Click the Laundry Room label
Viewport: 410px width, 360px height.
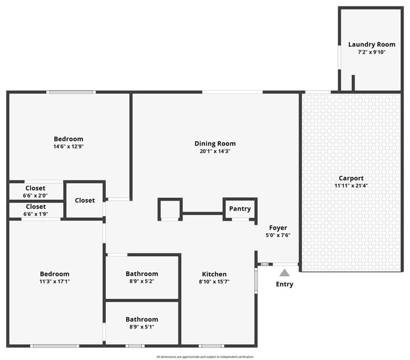tap(372, 44)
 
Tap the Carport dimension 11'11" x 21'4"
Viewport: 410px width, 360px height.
tap(351, 186)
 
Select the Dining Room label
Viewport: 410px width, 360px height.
tap(214, 144)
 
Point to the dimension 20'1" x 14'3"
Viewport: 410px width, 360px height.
tap(214, 151)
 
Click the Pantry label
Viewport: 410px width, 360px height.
tap(240, 209)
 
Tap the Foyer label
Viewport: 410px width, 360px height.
tap(278, 228)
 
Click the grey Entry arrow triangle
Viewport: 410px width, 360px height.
tap(284, 273)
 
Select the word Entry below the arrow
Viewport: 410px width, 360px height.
tap(284, 284)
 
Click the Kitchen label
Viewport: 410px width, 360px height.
tap(214, 274)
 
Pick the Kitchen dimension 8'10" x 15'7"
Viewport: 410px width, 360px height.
tap(214, 282)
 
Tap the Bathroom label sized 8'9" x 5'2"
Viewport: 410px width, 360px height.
tap(142, 274)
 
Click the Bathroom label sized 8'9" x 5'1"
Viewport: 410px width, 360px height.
tap(142, 320)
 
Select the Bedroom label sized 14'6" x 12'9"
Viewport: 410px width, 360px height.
tap(68, 139)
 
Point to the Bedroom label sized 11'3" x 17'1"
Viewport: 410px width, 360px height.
tap(54, 274)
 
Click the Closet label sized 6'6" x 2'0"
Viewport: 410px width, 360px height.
tap(35, 188)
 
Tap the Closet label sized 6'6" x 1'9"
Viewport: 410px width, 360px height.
tap(35, 206)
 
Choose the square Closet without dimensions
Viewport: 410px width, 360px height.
tap(85, 200)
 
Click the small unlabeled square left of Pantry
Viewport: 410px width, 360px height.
tap(170, 209)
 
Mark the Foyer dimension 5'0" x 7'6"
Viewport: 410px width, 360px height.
tap(278, 235)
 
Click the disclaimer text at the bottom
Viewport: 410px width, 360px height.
tap(205, 356)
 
